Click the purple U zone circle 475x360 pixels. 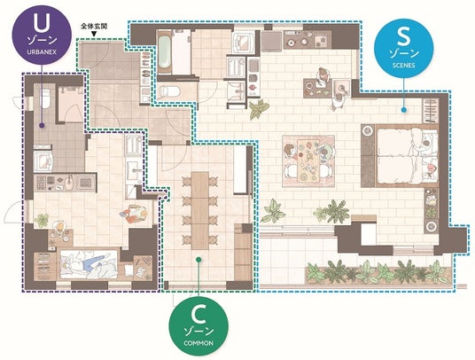pos(42,35)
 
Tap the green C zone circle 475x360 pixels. pos(199,325)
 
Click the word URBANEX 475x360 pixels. pos(42,51)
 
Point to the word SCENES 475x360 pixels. pos(403,65)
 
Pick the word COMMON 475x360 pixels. pos(199,343)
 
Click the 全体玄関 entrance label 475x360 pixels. pos(94,26)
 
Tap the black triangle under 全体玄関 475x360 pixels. pos(94,34)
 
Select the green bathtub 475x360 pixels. pos(164,52)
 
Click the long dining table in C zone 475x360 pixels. pos(200,211)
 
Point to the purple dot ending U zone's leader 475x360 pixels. pos(42,125)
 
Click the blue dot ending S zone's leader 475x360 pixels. pos(403,110)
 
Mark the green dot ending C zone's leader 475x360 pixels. pos(199,260)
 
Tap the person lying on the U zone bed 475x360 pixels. pos(86,263)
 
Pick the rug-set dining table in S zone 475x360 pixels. pos(308,160)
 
